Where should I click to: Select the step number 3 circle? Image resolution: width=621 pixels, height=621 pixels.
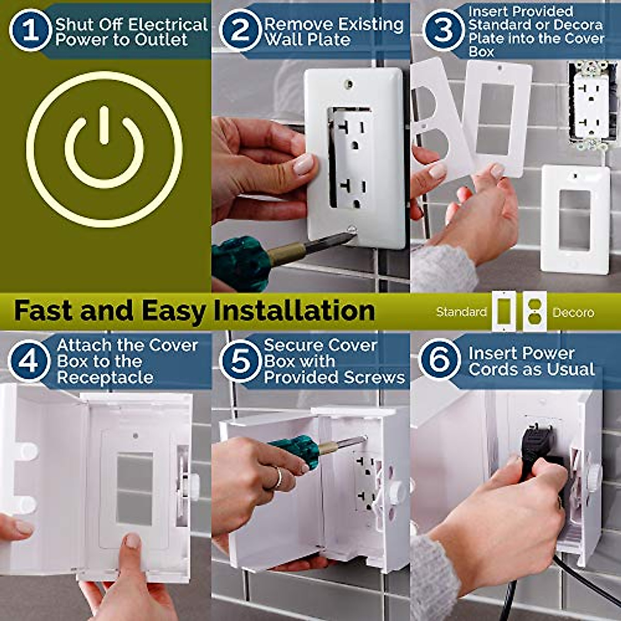[443, 29]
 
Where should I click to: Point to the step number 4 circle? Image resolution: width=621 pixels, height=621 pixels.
[29, 360]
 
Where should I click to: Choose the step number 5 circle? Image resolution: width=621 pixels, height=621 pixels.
[240, 360]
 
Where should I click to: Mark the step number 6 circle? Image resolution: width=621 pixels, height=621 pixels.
[439, 359]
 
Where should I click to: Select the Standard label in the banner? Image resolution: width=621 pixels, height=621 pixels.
[461, 312]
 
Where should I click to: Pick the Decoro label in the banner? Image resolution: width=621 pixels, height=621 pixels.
[573, 313]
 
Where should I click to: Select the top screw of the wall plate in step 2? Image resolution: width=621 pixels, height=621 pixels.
[350, 83]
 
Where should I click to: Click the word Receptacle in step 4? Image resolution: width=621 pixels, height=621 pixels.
[105, 378]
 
